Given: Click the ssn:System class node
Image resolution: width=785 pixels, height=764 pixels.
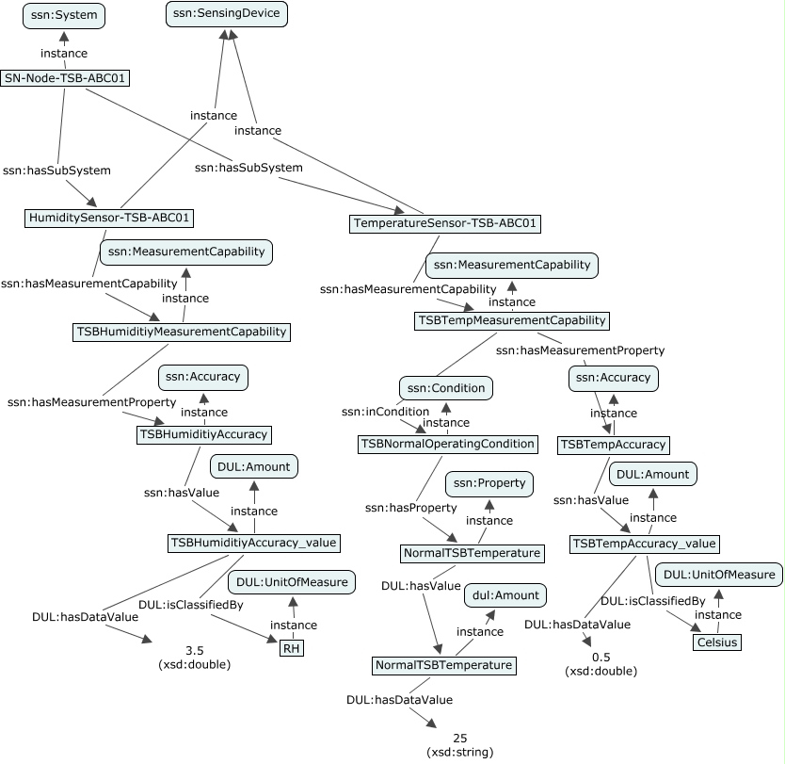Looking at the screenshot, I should pos(63,16).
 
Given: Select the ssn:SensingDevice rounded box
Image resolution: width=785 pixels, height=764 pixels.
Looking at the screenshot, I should pos(226,14).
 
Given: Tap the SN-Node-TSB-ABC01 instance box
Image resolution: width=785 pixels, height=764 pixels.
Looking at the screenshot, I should pos(65,78).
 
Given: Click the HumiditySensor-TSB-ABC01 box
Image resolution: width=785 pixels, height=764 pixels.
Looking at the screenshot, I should pos(109,219).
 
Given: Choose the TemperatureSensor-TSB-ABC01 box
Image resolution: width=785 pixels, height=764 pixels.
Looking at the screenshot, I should pos(445,223).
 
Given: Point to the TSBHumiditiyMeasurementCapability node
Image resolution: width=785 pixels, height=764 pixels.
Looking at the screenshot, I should pos(182,332).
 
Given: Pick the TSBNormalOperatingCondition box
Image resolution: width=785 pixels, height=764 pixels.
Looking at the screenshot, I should pos(448,443).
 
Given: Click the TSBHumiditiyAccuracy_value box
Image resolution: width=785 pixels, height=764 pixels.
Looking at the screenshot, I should pos(253,543).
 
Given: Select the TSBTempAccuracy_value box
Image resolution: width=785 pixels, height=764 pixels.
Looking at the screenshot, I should pos(645,544).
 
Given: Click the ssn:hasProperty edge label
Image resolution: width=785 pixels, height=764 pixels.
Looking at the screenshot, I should pos(404,508).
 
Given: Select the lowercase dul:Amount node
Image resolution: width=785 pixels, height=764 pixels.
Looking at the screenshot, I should pos(504,594).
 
